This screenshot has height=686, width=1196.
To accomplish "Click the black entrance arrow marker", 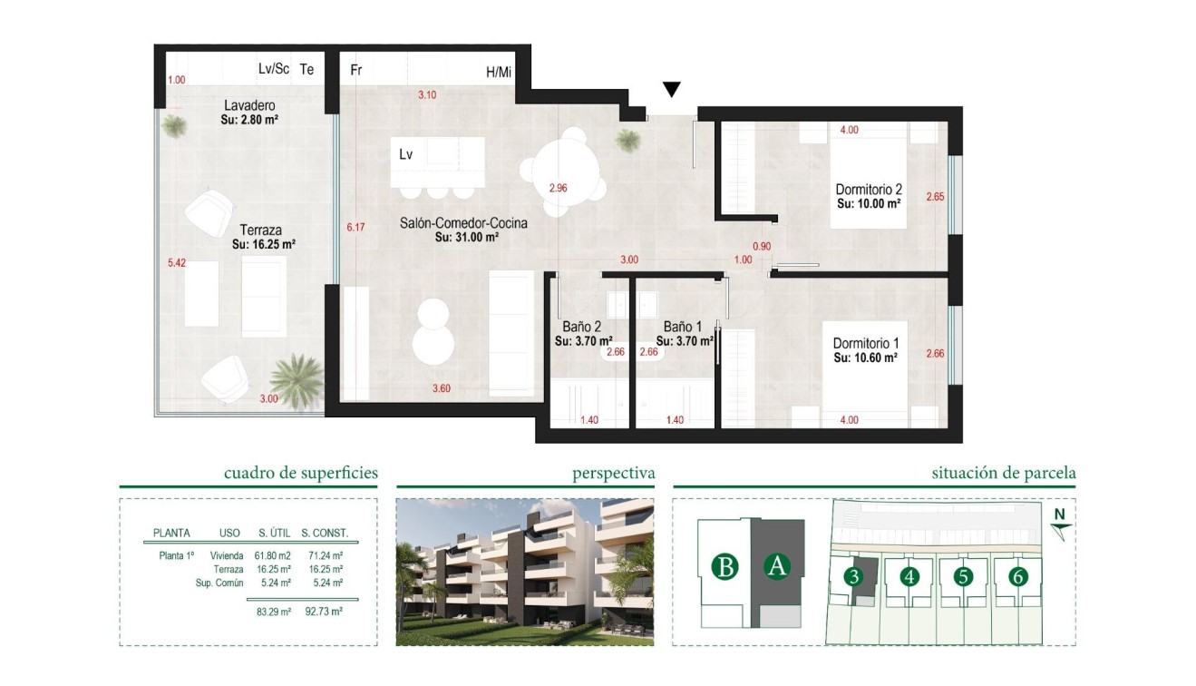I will click(x=671, y=89).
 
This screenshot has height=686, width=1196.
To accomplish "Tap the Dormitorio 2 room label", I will click(x=868, y=190).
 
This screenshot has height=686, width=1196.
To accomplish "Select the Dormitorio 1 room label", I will click(x=865, y=344).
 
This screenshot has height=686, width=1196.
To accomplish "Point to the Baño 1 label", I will click(x=682, y=328).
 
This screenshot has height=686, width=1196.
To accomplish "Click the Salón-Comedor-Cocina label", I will click(x=463, y=222).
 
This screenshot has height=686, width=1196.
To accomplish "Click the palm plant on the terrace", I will click(x=296, y=378).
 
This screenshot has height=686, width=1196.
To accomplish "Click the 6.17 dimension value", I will click(x=355, y=228).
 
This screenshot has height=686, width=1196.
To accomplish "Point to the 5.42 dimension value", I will click(x=177, y=263).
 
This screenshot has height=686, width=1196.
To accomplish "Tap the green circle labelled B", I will click(x=724, y=567).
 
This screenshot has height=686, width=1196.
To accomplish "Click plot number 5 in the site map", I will click(x=963, y=576).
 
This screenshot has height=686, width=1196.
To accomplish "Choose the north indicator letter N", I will click(x=1058, y=515).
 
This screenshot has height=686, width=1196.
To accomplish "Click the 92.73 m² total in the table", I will click(x=325, y=612).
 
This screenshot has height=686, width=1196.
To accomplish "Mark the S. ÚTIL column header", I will click(x=274, y=534).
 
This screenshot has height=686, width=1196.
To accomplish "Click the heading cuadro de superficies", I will click(x=300, y=473).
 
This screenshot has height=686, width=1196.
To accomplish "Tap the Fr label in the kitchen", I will click(x=356, y=70).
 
